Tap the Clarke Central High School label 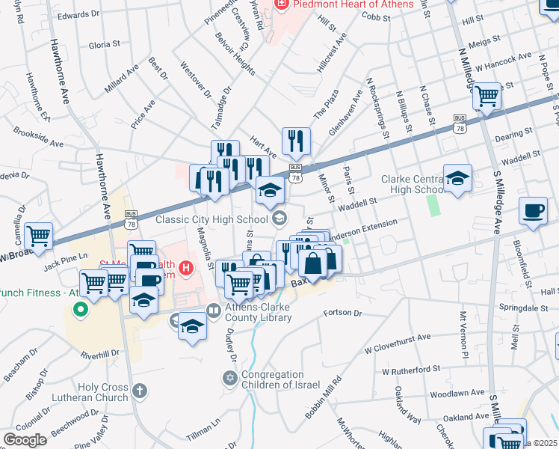tap(413, 184)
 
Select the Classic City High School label tap(211, 219)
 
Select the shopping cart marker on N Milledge tap(487, 96)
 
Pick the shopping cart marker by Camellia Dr tap(39, 236)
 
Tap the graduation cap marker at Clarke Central tap(457, 178)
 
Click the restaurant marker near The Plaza tap(296, 140)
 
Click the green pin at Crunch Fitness tap(84, 307)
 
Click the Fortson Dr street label tap(343, 312)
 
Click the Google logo tap(25, 439)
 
